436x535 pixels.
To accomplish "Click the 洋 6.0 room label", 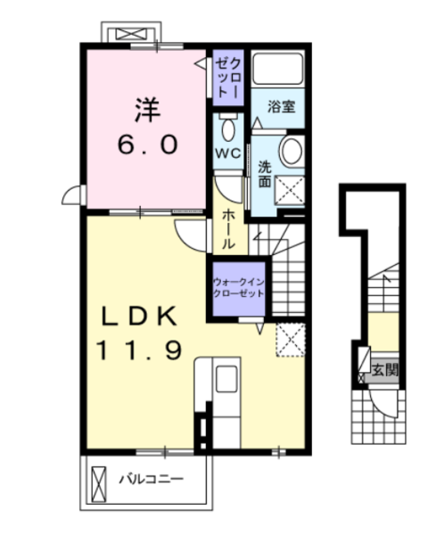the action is (x=148, y=126).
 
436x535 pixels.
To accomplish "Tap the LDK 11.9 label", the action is (x=139, y=333).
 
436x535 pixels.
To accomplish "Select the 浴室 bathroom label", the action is (x=281, y=106).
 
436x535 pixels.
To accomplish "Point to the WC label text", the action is (x=228, y=154).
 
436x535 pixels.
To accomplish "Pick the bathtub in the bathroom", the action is (x=278, y=69).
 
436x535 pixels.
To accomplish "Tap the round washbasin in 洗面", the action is (x=292, y=152).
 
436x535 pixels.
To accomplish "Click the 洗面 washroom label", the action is (x=265, y=174).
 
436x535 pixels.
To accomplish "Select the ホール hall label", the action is (x=228, y=229).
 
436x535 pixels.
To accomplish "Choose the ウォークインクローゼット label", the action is (x=238, y=288).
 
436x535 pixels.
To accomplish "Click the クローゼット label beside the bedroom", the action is (x=228, y=78).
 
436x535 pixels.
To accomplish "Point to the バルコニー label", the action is (x=152, y=479).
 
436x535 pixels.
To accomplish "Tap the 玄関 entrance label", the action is (x=385, y=369).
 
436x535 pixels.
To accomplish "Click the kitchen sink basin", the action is (x=226, y=379).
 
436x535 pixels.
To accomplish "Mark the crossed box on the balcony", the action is (x=99, y=484).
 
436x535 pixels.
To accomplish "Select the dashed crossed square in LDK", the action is (x=291, y=340).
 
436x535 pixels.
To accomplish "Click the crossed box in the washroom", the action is (x=289, y=191).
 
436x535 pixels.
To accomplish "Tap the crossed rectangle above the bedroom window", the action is (x=131, y=34).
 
